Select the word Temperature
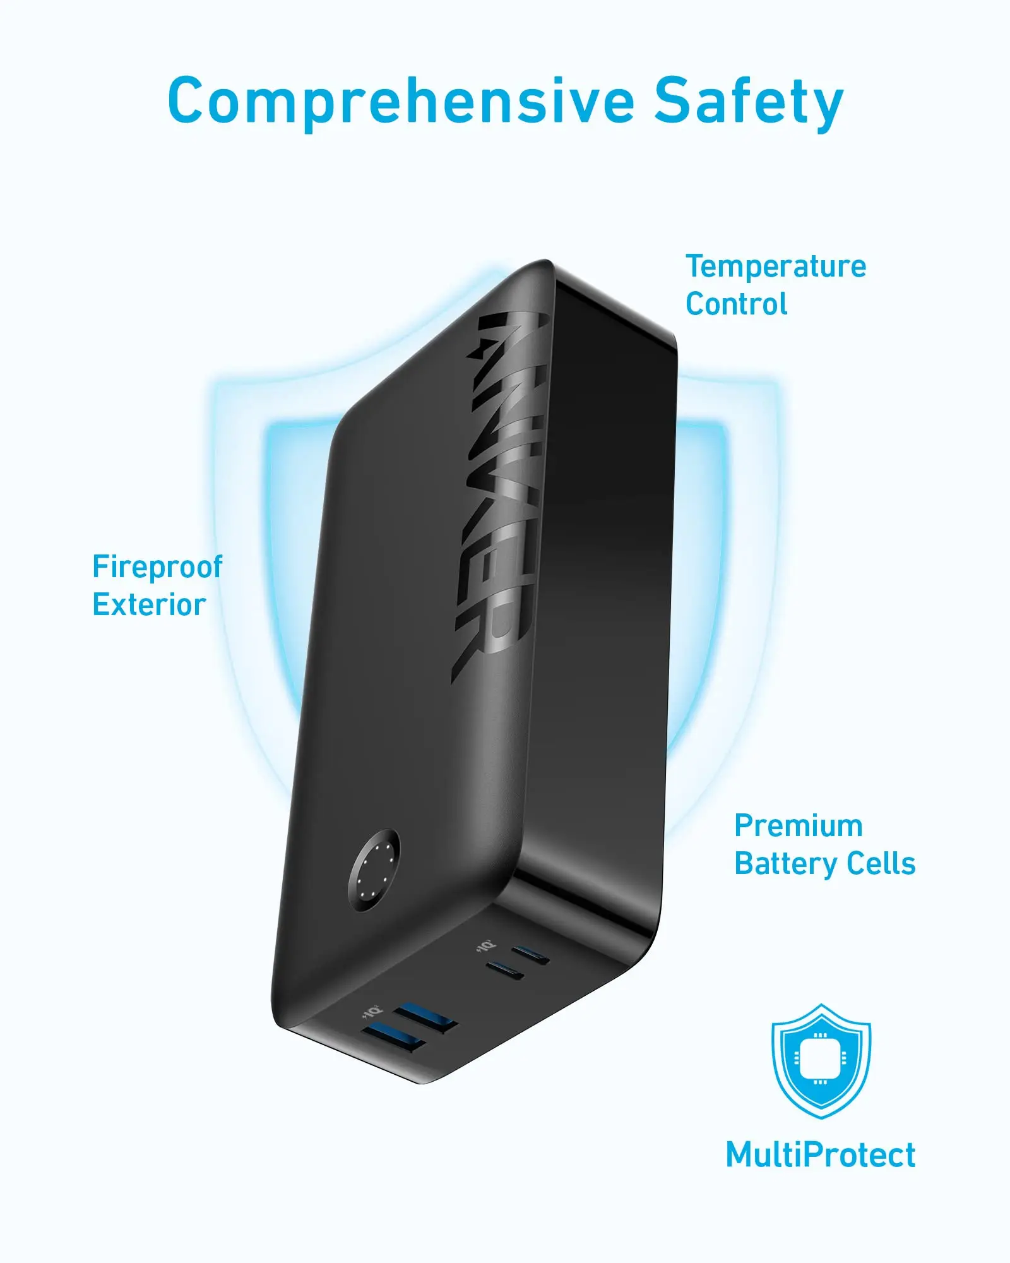point(776,266)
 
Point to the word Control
point(736,304)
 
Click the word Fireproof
point(157,566)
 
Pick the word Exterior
point(149,604)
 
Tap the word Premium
point(799,826)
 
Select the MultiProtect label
point(820,1156)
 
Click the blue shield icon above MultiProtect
point(821,1060)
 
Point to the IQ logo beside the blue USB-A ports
point(371,1012)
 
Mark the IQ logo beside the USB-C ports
point(485,947)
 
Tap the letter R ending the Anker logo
point(482,644)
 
